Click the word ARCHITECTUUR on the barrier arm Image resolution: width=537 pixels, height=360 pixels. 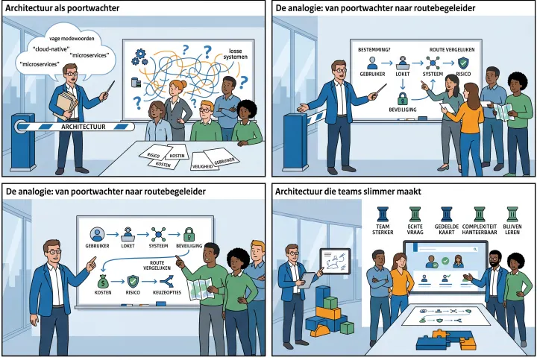point(84,127)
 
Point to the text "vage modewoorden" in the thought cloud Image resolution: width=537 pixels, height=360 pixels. point(72,39)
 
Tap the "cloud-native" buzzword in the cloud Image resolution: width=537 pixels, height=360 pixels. point(51,49)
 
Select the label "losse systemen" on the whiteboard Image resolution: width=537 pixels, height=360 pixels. point(235,54)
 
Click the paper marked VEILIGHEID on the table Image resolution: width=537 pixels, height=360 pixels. point(202,166)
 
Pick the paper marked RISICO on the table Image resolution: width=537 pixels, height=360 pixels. point(154,155)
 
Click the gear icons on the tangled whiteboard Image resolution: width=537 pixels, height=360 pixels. point(139,57)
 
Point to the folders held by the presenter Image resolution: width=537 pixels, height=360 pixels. point(67,104)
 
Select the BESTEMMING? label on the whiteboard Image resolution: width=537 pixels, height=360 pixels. point(374,50)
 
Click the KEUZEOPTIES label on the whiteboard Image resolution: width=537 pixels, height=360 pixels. point(167,293)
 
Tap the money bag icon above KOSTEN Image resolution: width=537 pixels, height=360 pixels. point(103,282)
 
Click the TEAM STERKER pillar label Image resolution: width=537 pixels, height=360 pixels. point(383,230)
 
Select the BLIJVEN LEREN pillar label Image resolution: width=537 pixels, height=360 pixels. point(512,230)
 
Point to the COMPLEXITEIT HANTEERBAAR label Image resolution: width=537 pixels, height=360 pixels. point(480,230)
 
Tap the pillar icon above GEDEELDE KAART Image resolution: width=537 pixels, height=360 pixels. point(447,214)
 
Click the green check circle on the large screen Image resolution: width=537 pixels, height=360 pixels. point(445,261)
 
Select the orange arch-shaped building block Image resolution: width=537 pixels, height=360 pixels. point(321,331)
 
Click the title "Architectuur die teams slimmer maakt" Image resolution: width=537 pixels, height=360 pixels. point(348,192)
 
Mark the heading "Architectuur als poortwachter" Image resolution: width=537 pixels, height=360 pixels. point(63,8)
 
